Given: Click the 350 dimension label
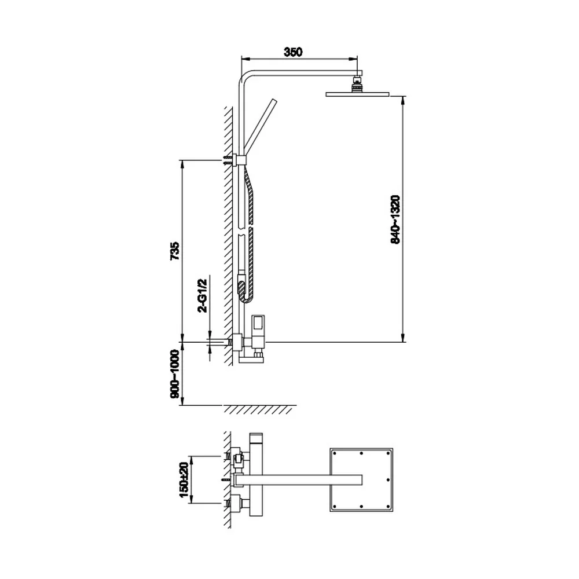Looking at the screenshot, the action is point(293,52).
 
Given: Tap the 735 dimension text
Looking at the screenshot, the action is point(175,251).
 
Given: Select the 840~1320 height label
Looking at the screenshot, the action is point(395,219).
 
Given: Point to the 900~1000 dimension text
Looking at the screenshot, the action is point(175,373).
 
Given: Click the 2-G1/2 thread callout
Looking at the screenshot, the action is point(203,296).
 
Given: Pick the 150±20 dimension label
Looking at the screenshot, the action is point(184,479).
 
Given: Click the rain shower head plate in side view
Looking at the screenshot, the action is point(357,94).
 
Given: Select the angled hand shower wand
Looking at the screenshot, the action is point(261,126).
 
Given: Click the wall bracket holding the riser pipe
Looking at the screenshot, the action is point(240,160).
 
